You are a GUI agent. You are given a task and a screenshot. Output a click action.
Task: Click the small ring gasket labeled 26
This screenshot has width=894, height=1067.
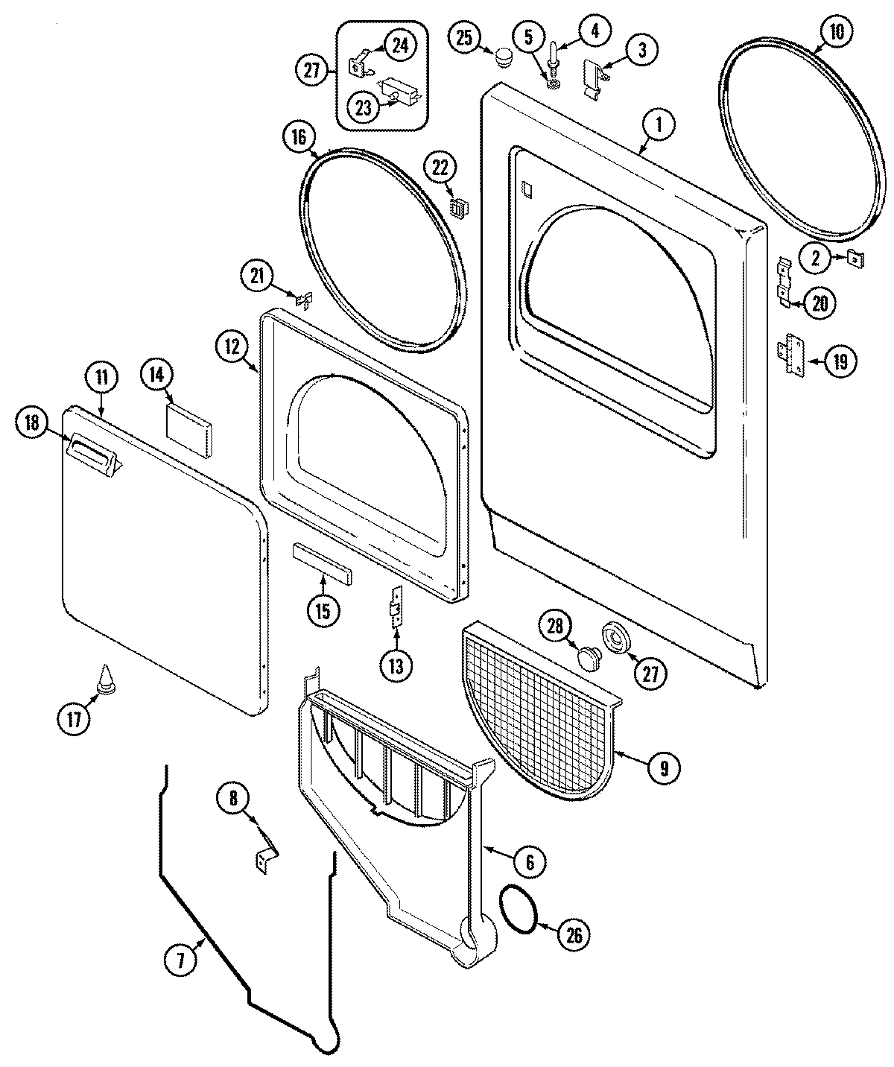pos(519,908)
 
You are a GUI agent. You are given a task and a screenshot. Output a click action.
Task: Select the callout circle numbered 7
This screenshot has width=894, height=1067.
pos(180,961)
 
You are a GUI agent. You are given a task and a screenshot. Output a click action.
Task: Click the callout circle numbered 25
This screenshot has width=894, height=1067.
pos(465,38)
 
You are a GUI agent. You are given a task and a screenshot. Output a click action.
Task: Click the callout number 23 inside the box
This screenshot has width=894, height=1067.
pos(363,107)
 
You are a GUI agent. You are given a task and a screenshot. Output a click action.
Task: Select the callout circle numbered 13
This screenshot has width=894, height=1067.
pos(396,665)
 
